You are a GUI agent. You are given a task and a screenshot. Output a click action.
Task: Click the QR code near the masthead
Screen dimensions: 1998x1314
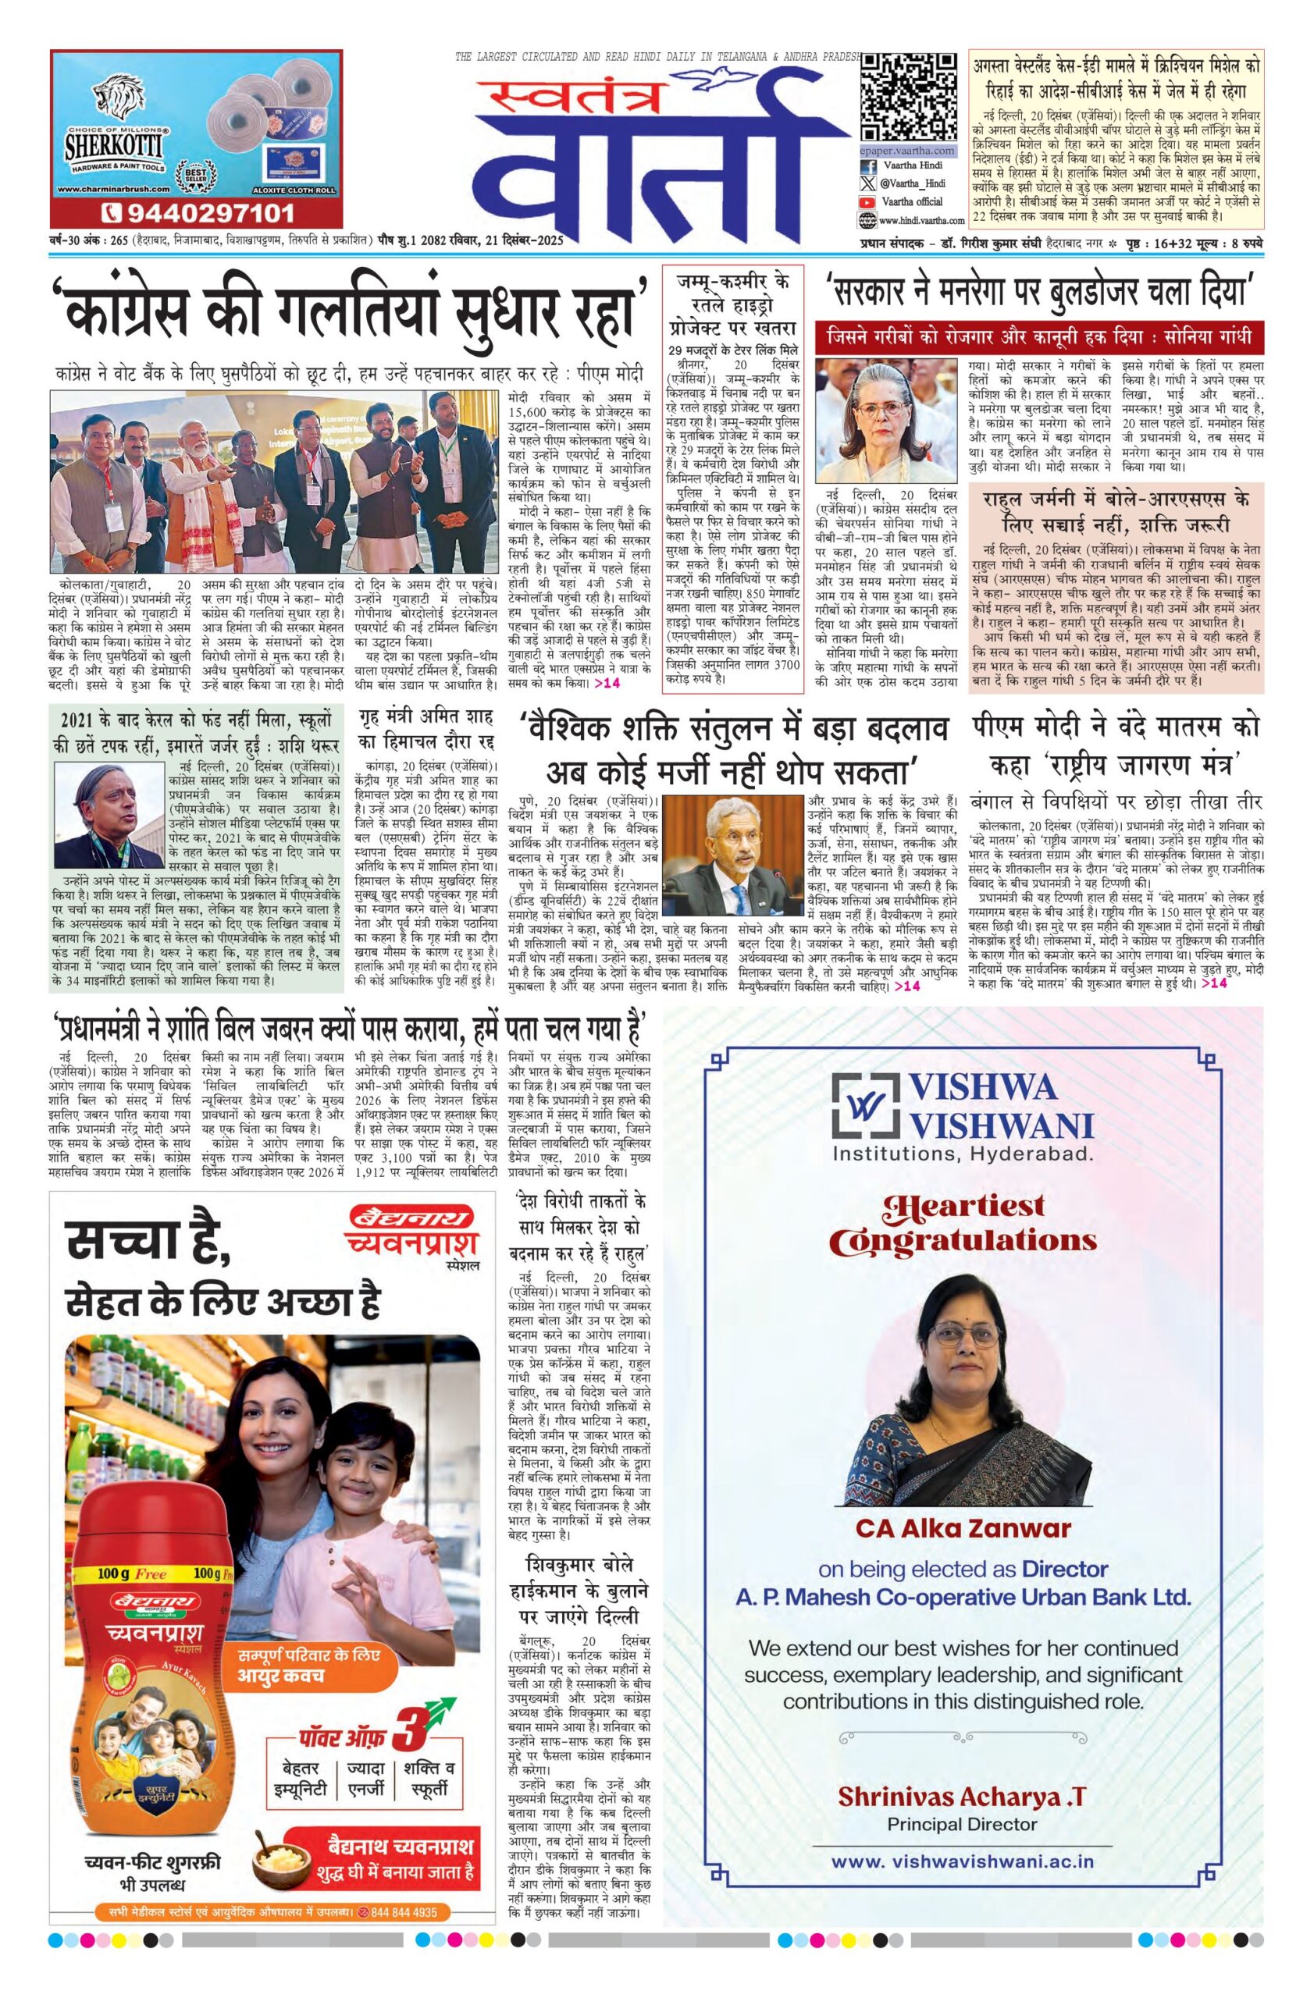[908, 97]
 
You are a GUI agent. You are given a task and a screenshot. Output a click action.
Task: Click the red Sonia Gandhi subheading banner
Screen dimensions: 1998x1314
[1039, 336]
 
